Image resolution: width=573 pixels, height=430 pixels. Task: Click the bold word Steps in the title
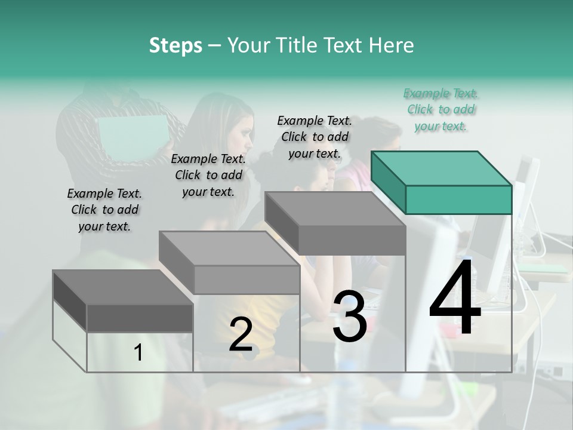coord(175,45)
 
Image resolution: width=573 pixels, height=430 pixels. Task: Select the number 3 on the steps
coord(350,317)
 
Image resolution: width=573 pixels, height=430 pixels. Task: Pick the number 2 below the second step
coord(241,335)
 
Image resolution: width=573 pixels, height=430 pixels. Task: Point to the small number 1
coord(138,353)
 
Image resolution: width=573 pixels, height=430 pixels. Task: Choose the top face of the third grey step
coord(335,208)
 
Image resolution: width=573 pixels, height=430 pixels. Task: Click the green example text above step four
coord(440,109)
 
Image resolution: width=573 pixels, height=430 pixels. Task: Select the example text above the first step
coord(104,210)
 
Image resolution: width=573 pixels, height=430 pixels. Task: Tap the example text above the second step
coord(208,175)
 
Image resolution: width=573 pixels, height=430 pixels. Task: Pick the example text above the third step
coord(315,137)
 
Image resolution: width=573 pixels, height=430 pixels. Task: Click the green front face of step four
coord(458,199)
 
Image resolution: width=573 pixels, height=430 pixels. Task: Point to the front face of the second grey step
coord(247,279)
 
